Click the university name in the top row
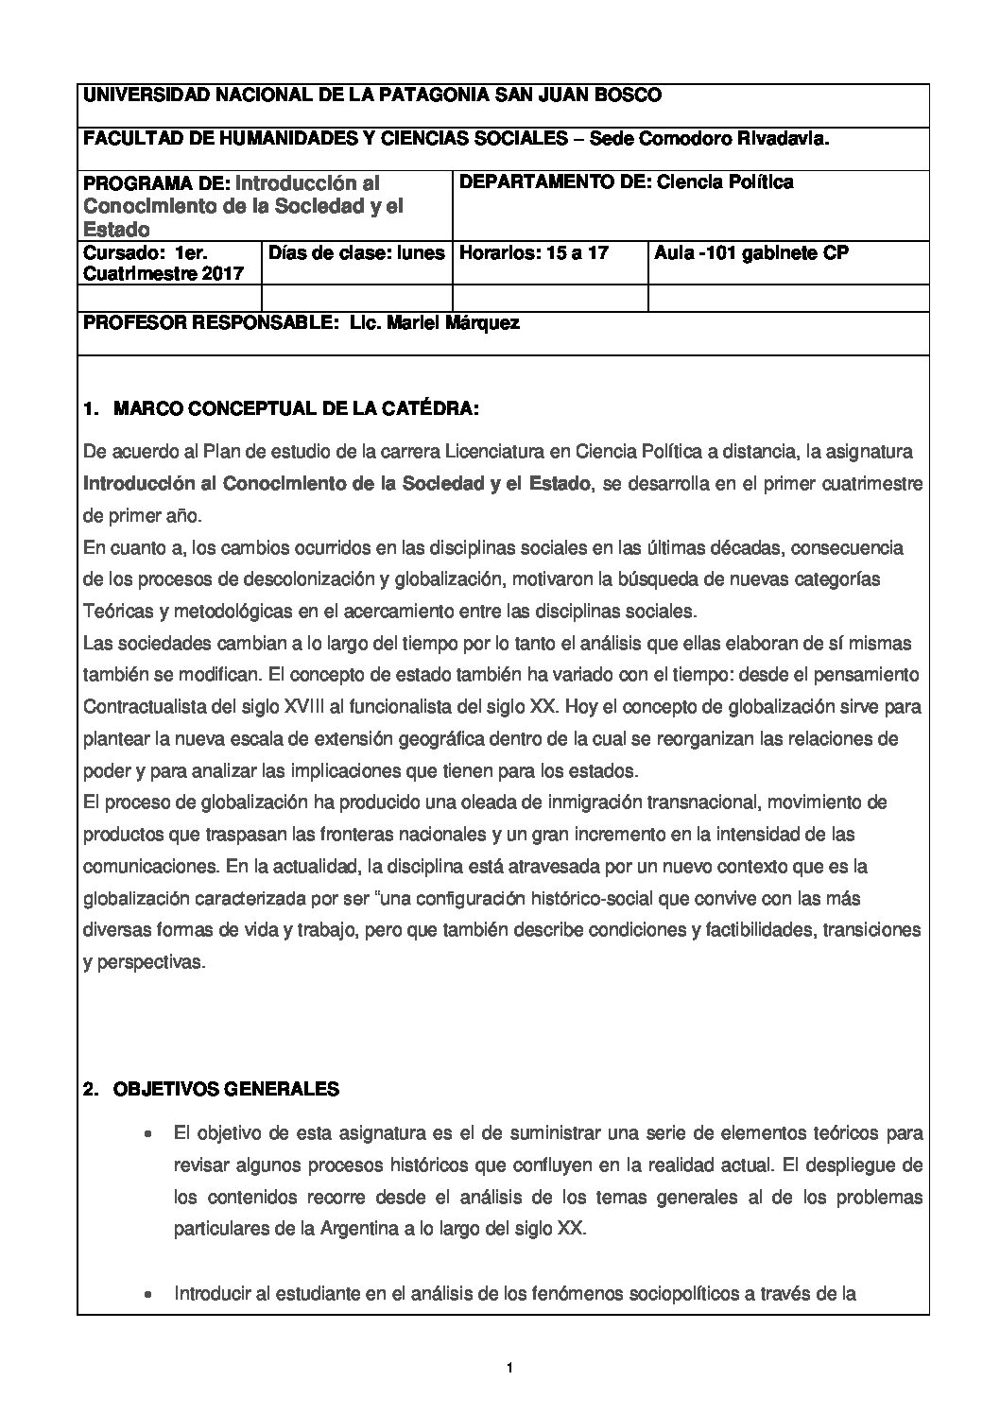pyautogui.click(x=372, y=95)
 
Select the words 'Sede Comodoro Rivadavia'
pyautogui.click(x=710, y=138)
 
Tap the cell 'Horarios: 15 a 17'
pyautogui.click(x=534, y=252)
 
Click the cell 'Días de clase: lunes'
pyautogui.click(x=356, y=252)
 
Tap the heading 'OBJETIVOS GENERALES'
pyautogui.click(x=226, y=1089)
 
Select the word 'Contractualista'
pyautogui.click(x=142, y=706)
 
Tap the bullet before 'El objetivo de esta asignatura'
pyautogui.click(x=147, y=1132)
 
